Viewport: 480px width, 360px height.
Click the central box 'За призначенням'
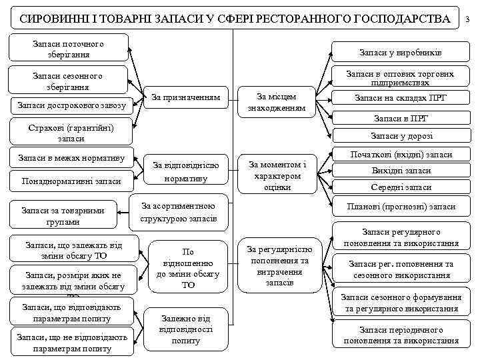point(186,97)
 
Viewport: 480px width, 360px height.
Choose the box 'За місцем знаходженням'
point(277,99)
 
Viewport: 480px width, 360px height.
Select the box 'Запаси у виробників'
point(400,52)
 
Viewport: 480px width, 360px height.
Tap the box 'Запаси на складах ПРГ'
point(400,98)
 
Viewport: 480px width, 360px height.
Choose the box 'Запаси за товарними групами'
point(63,216)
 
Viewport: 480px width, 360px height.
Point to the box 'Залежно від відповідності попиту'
point(186,329)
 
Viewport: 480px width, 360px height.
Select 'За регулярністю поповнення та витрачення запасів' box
point(279,265)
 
